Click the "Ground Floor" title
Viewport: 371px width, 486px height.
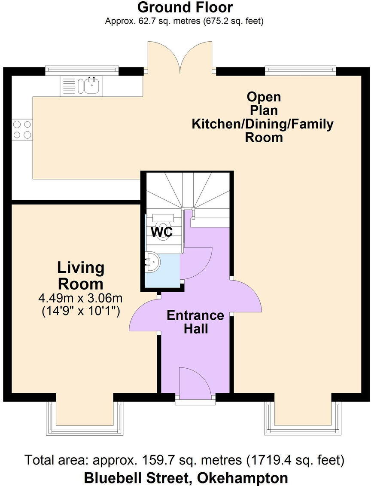click(185, 7)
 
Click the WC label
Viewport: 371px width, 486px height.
click(161, 232)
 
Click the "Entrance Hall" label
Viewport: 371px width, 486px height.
click(195, 322)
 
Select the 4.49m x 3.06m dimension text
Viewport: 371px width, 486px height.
click(81, 298)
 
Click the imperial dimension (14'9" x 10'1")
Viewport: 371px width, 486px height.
click(81, 311)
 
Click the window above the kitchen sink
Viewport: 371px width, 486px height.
click(82, 71)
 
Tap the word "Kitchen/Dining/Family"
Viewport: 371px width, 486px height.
click(263, 124)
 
